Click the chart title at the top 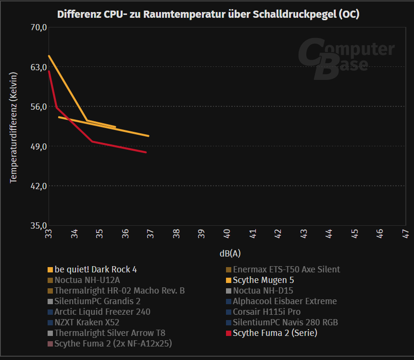tap(208, 14)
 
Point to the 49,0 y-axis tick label tap(38, 146)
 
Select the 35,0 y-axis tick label tap(38, 225)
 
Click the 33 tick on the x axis tap(49, 234)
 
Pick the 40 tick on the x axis tap(227, 234)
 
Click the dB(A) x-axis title tap(229, 253)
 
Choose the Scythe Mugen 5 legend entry tap(263, 280)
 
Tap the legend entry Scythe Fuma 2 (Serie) tap(275, 333)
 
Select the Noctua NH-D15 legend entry tap(263, 291)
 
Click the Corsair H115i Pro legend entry tap(266, 312)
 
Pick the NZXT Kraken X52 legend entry tap(87, 322)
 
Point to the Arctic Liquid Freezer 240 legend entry tap(102, 312)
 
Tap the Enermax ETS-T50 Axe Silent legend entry tap(286, 270)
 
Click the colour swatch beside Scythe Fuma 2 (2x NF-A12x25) tap(50, 344)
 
